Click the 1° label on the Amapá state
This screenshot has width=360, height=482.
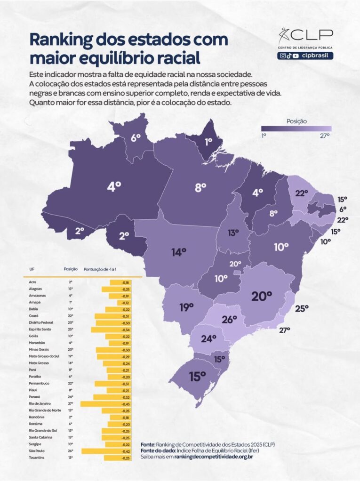[x=208, y=141]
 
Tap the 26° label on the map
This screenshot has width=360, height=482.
[x=229, y=320]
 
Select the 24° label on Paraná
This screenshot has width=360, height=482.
[x=208, y=337]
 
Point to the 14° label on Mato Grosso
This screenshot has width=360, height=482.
[x=178, y=252]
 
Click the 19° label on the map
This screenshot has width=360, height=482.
[x=186, y=307]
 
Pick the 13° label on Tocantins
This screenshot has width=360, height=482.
[x=233, y=233]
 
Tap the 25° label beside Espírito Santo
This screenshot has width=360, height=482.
[x=302, y=308]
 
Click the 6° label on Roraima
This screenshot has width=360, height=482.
[x=136, y=138]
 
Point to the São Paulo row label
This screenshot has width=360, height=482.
[x=37, y=450]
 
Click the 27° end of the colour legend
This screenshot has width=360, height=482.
[x=325, y=135]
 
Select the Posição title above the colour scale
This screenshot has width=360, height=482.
[x=296, y=121]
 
